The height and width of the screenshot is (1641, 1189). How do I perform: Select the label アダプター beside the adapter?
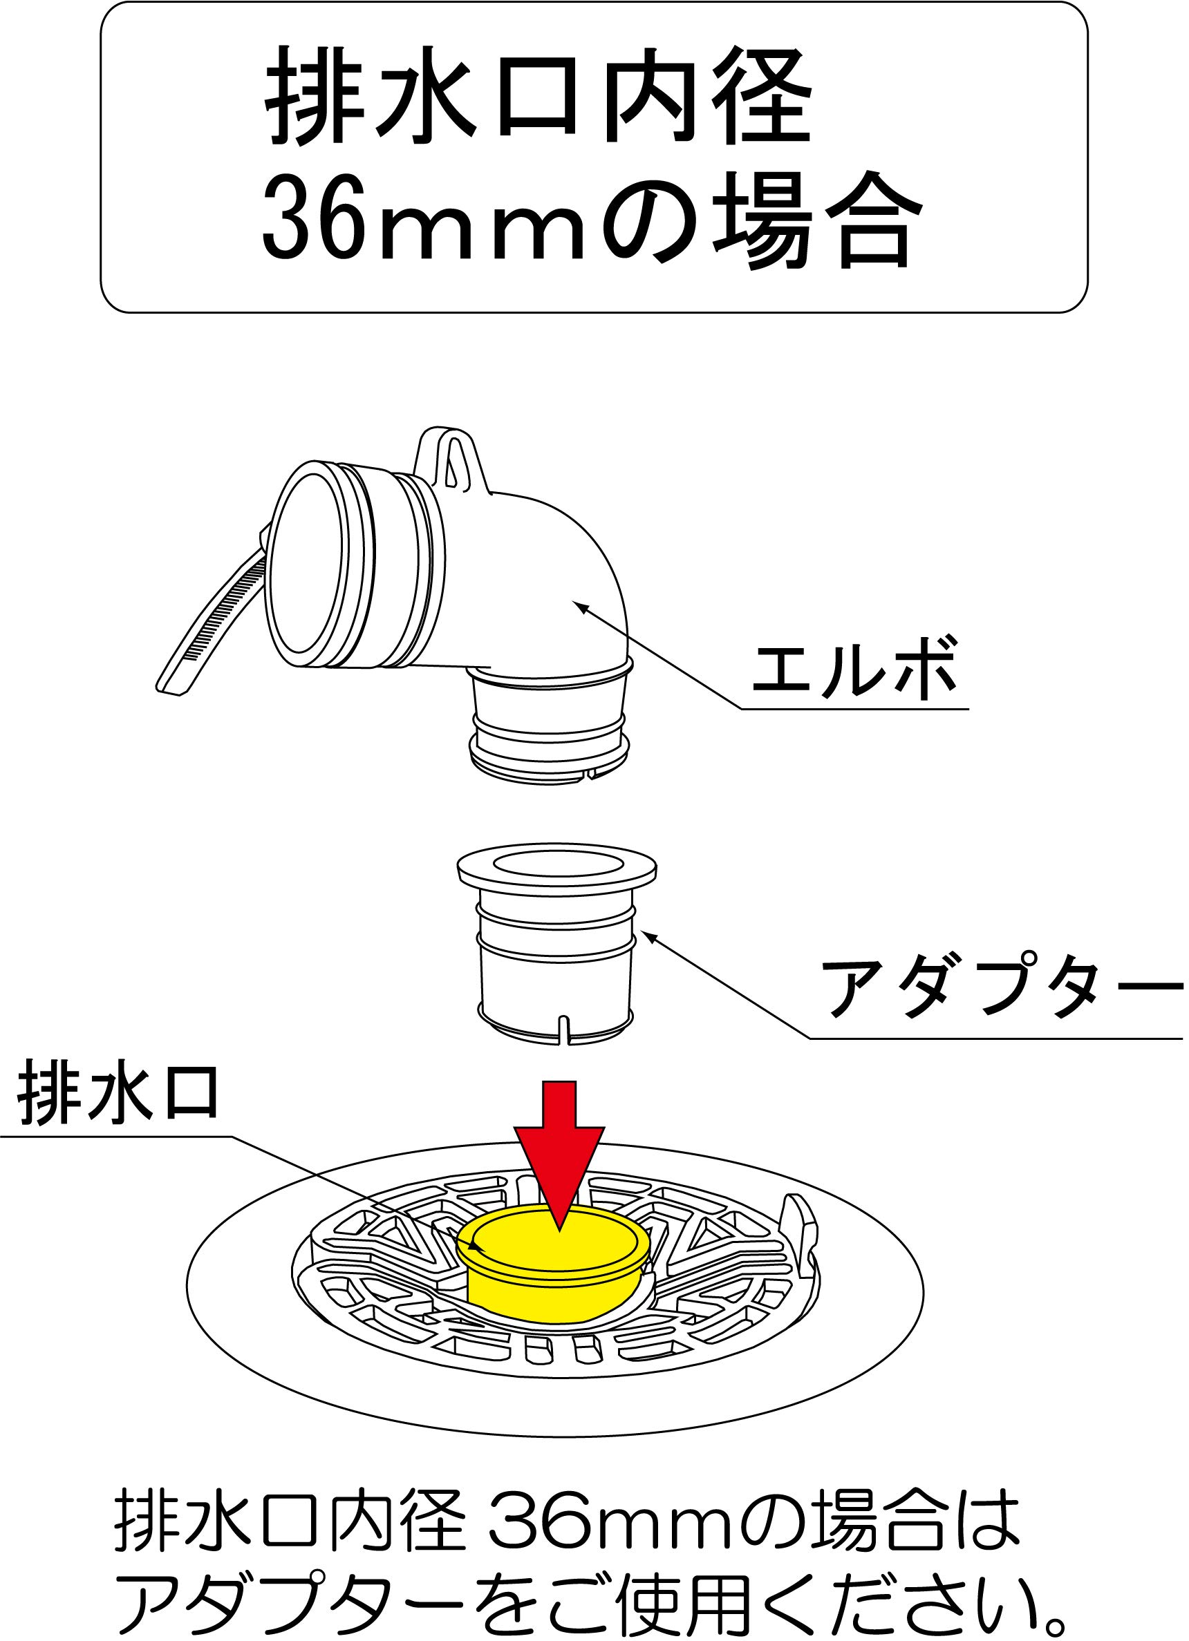coord(1002,987)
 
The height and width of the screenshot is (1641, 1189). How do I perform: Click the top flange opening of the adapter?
coord(557,864)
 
